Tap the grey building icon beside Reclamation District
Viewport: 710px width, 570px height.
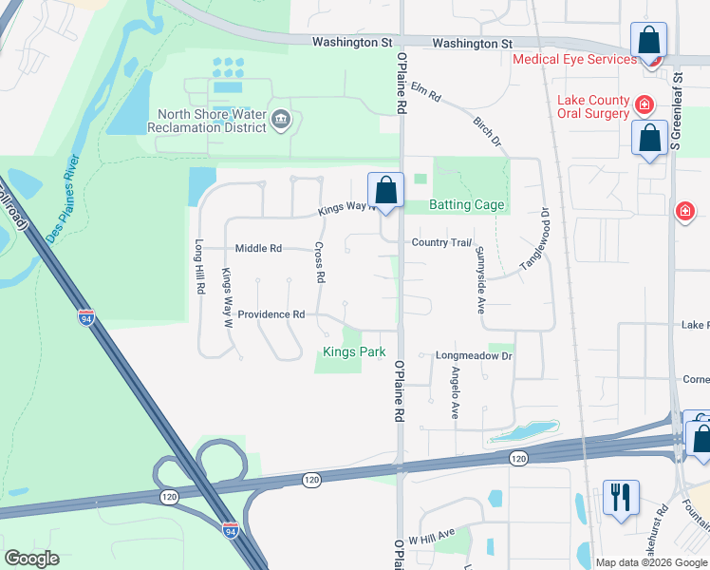click(281, 119)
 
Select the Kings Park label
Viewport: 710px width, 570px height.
click(354, 351)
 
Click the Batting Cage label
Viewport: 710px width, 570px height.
click(467, 204)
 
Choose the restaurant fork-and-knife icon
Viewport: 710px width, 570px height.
click(621, 497)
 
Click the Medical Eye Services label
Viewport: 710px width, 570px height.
click(574, 59)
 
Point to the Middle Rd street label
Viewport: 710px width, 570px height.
click(258, 249)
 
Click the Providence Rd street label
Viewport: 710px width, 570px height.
click(271, 314)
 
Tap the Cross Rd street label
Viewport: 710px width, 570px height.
click(321, 264)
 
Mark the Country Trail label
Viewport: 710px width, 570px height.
click(440, 242)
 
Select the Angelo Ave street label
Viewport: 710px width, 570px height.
click(455, 393)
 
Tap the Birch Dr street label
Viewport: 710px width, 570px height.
click(486, 131)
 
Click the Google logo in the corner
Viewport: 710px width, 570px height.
click(31, 559)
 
